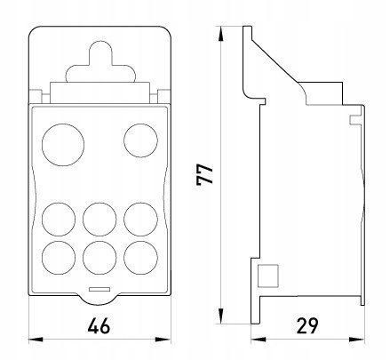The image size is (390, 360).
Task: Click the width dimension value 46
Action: (99, 325)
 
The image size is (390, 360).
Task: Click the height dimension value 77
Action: (204, 174)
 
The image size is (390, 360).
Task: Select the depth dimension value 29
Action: (307, 325)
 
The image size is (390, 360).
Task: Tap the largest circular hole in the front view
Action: (63, 145)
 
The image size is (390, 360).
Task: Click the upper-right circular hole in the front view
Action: (140, 140)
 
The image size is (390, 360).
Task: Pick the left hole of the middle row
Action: (59, 220)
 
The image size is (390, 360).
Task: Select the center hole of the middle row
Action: (99, 220)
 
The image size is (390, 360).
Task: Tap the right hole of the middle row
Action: (140, 220)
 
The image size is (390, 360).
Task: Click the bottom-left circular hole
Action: (59, 258)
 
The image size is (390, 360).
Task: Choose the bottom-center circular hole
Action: (99, 258)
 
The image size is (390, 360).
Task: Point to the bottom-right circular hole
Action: (140, 258)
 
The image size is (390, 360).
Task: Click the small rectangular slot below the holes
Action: (99, 289)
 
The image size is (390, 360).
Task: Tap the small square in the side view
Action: (267, 276)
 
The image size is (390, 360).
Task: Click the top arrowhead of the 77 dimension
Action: (220, 34)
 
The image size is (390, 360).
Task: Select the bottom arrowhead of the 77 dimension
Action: (220, 316)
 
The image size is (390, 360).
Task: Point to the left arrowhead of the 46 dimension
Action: (36, 340)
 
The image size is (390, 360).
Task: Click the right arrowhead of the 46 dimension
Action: (163, 340)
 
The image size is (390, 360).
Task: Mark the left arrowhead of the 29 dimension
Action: (259, 340)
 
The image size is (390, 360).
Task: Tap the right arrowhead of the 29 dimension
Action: (357, 340)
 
